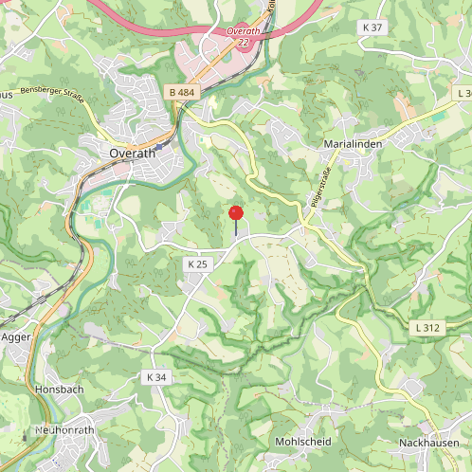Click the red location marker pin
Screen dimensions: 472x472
236,213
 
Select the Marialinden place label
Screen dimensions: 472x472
354,142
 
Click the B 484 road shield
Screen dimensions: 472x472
182,92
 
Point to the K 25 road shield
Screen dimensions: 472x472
196,264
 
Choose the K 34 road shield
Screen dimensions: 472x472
156,377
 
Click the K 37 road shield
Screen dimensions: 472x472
372,27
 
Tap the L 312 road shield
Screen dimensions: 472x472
428,328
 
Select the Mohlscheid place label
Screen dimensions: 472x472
302,443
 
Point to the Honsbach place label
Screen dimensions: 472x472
59,390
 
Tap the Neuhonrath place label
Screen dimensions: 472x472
65,429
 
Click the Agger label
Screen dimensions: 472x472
16,336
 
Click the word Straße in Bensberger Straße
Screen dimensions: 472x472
72,98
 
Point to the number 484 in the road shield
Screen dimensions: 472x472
188,92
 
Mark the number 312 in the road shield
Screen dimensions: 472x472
433,328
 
